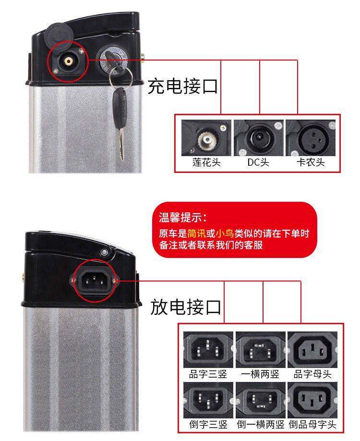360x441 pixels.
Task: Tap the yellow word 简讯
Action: click(196, 234)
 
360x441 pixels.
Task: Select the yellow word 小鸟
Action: click(224, 234)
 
